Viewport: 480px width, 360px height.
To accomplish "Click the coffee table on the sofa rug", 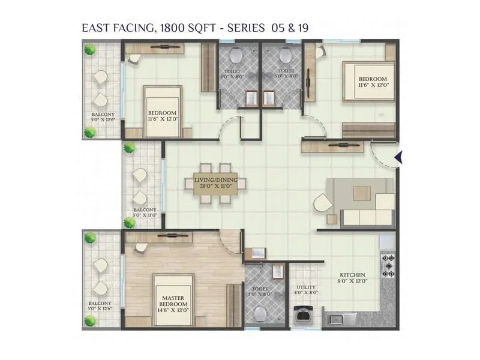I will pos(362,193).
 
